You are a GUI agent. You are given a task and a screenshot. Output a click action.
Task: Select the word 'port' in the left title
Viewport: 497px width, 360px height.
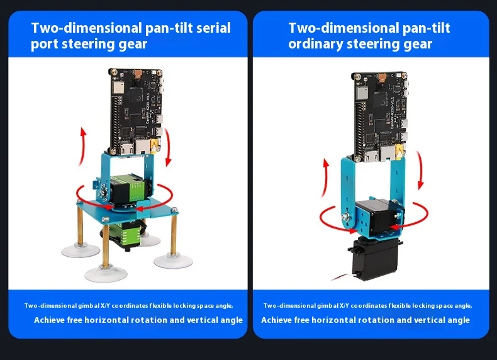click(44, 44)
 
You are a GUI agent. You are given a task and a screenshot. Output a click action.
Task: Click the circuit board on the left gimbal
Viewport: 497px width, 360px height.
click(135, 111)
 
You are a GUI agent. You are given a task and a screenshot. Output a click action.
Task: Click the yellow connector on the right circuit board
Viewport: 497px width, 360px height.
click(399, 151)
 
